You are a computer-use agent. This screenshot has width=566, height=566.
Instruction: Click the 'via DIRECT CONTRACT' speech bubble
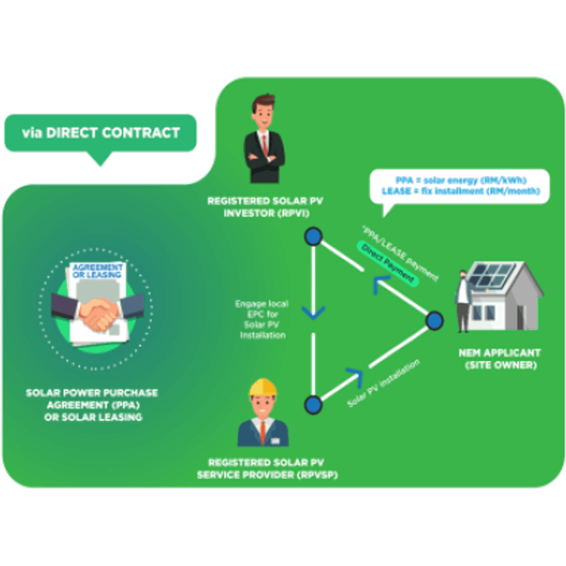click(x=100, y=134)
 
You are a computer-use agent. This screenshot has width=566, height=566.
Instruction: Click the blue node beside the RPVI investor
click(x=313, y=237)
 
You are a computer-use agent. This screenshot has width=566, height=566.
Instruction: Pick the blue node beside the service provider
click(x=313, y=404)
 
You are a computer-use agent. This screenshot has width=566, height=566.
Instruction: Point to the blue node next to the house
click(x=434, y=321)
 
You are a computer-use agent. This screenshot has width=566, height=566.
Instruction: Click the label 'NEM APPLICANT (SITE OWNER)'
click(x=500, y=359)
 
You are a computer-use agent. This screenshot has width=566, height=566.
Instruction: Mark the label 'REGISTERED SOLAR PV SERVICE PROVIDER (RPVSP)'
click(x=267, y=469)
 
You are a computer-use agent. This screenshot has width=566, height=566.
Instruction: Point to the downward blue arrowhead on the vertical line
click(x=313, y=312)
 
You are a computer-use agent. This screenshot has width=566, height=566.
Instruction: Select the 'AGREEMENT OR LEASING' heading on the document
click(x=97, y=271)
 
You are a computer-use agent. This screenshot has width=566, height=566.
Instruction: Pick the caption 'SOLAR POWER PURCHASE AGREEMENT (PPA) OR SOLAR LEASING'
click(x=92, y=405)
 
